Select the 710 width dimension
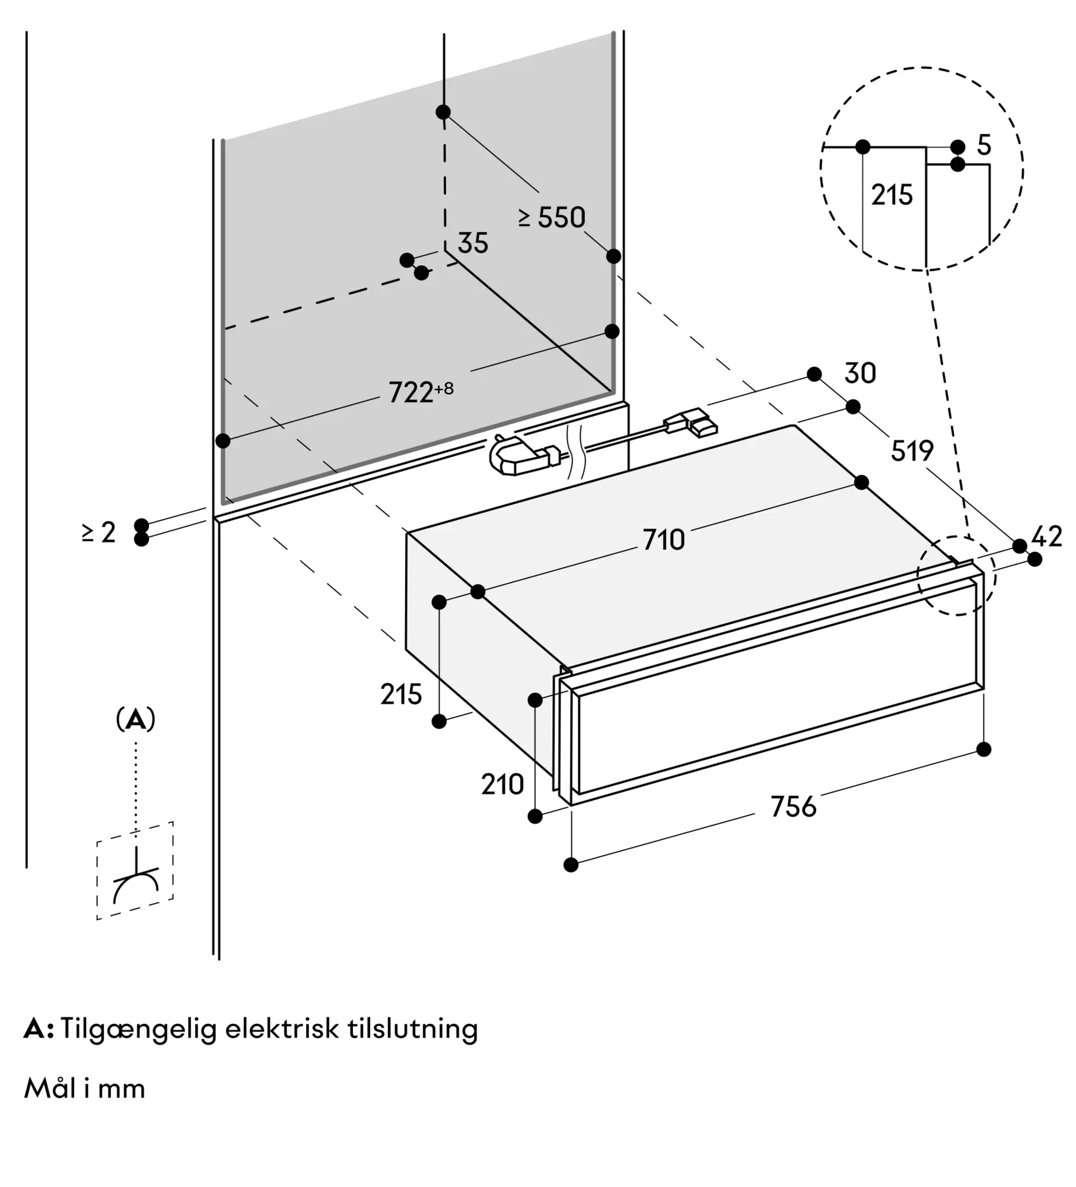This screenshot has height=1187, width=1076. [664, 540]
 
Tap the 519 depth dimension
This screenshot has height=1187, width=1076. [912, 451]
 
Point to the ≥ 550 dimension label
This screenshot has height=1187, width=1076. [552, 218]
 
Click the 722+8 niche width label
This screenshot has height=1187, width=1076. [420, 392]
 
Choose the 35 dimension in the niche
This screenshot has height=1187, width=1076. [473, 243]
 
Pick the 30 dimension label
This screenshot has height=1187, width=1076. [859, 374]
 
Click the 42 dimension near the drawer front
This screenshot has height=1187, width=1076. [1046, 537]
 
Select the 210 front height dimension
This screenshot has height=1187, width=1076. [502, 785]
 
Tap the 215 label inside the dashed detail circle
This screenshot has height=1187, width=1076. [892, 195]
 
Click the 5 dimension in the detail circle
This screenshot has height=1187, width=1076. [984, 145]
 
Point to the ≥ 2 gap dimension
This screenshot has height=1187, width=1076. [99, 532]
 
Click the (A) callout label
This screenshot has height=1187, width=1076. [136, 720]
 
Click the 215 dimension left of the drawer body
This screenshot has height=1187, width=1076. [401, 694]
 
